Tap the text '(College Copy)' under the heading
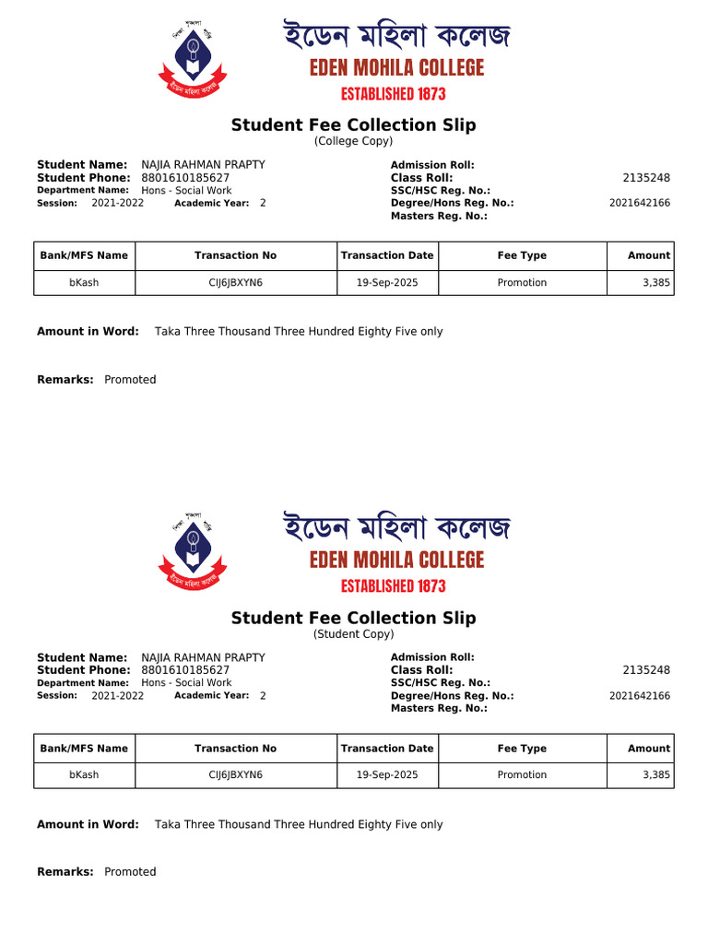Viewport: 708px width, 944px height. pos(353,141)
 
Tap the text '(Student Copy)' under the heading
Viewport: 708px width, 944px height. pos(353,634)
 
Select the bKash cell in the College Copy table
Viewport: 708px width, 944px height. pos(84,283)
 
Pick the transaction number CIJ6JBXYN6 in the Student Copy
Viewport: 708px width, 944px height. pos(235,775)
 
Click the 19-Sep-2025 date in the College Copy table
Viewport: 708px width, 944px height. pos(387,283)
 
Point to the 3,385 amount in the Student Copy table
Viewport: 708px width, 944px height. pos(655,775)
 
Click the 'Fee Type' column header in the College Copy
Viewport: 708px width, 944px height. pos(522,255)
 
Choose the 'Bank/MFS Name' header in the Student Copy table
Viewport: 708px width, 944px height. pos(84,749)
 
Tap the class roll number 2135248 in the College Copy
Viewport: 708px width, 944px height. pos(646,178)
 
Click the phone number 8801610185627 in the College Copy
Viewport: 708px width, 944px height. pos(185,178)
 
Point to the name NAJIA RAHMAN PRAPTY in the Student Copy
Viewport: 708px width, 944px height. pos(203,657)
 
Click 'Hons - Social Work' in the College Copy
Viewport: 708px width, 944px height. pos(186,191)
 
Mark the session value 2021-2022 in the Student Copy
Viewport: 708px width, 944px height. pos(117,696)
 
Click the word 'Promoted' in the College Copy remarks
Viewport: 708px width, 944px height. pos(130,380)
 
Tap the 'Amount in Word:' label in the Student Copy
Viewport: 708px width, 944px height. pos(88,825)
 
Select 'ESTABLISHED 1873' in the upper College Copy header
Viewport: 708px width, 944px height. pos(394,94)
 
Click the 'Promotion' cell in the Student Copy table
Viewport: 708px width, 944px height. pos(522,775)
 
